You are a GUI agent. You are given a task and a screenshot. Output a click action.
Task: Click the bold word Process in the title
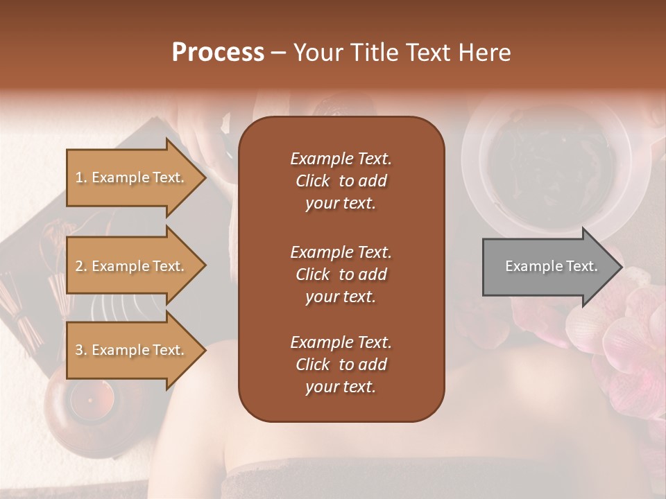(218, 53)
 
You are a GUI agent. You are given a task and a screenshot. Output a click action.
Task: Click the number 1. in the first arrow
(81, 177)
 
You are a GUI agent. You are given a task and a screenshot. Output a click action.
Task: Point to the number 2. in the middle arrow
(81, 266)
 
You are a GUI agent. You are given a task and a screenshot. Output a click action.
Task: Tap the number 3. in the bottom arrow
(81, 350)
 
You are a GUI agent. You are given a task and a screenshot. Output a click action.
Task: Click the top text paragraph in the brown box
(341, 181)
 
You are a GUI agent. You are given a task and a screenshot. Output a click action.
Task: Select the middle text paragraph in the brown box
(341, 274)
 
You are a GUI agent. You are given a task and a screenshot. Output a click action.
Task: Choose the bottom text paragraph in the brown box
(341, 365)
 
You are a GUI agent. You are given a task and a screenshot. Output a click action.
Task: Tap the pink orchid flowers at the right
(624, 333)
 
